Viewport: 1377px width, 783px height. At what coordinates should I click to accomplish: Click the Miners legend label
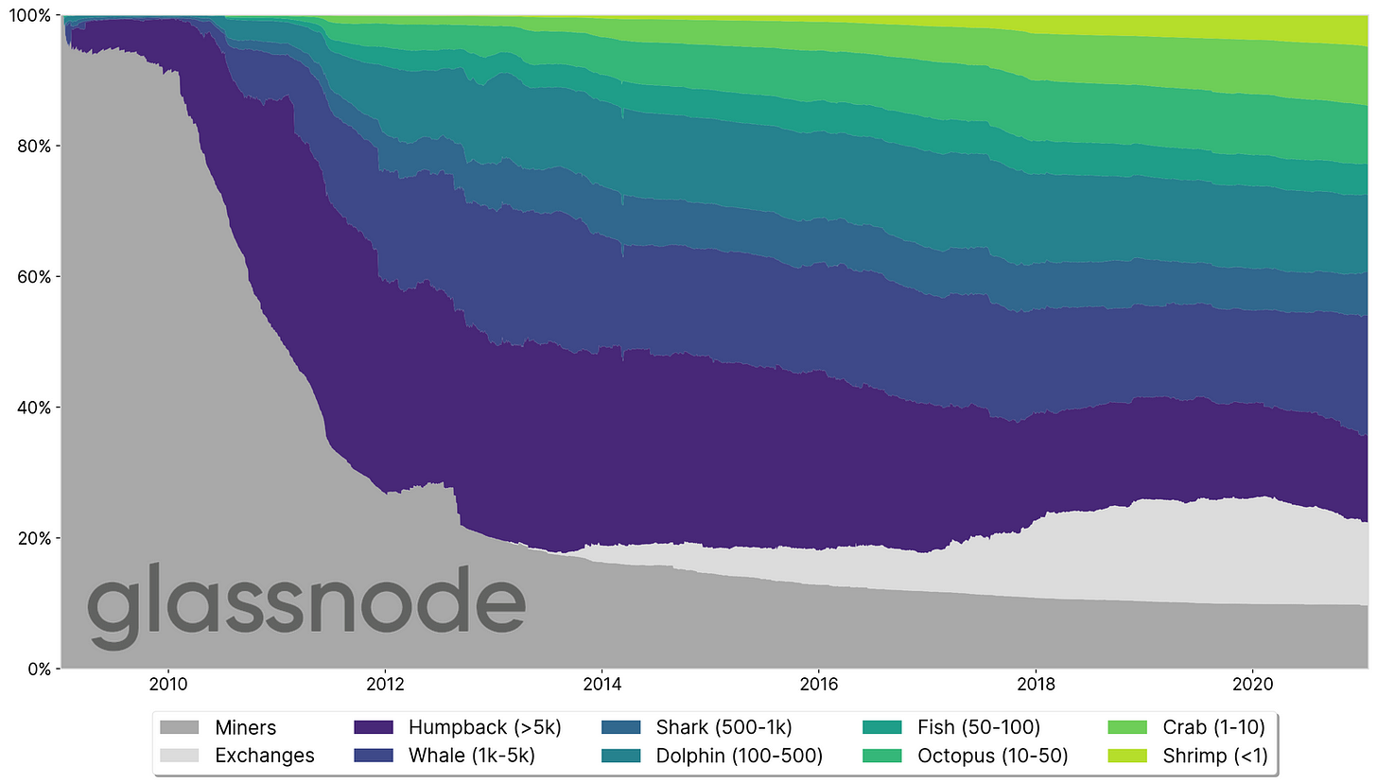(x=245, y=727)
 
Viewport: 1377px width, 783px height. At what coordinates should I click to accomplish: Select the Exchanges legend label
(x=264, y=755)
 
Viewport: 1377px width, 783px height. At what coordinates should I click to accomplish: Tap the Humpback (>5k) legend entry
(x=484, y=727)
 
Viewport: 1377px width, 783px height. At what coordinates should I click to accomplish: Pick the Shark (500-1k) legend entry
(x=723, y=727)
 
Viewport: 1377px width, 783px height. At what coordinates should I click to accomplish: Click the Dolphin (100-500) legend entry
(x=739, y=755)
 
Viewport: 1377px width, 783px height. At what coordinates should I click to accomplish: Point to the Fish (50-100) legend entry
(x=978, y=727)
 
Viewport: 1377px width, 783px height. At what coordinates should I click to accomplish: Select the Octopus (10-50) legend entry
(x=992, y=755)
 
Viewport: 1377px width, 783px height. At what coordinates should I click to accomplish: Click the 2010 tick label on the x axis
(x=167, y=684)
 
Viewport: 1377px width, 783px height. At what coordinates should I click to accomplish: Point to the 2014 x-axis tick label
(x=601, y=684)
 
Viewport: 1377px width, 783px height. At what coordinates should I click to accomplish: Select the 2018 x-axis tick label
(x=1035, y=684)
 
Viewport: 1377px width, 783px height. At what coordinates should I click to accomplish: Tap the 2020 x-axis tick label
(x=1251, y=684)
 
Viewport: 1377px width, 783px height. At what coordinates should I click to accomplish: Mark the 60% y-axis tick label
(x=34, y=277)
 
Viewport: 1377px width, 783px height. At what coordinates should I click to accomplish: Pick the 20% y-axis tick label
(x=34, y=538)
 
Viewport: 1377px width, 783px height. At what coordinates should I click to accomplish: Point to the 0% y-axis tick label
(x=38, y=669)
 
